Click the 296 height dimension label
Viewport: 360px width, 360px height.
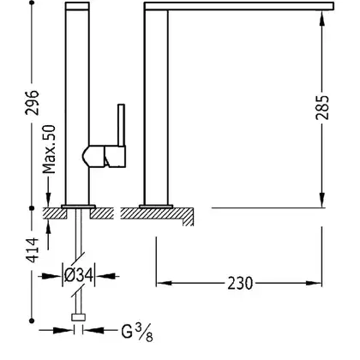[x=32, y=103]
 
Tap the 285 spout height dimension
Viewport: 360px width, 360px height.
[x=322, y=107]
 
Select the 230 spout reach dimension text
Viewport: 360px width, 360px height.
[x=240, y=284]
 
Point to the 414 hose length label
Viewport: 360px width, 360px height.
[x=32, y=249]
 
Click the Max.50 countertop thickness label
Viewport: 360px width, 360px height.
[x=49, y=149]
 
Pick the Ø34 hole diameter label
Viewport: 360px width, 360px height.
[x=79, y=276]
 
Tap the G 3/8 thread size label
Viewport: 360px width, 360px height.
[x=137, y=333]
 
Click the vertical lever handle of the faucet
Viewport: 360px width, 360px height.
[x=121, y=125]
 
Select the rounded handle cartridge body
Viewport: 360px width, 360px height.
[x=104, y=156]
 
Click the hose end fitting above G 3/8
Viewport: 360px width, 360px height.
[x=78, y=317]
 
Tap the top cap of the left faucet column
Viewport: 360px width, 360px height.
[x=77, y=6]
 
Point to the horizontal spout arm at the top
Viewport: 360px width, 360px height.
[x=239, y=6]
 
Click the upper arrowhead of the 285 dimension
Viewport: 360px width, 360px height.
[x=322, y=20]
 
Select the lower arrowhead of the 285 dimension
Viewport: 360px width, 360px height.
[x=322, y=199]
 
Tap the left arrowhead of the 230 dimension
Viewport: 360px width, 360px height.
[x=165, y=284]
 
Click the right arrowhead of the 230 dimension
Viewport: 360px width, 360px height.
[x=314, y=284]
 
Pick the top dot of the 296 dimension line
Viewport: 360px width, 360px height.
[x=32, y=3]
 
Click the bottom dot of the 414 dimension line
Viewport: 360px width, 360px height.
[x=32, y=321]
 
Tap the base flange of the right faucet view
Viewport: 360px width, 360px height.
[x=156, y=207]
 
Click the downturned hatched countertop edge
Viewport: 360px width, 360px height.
[x=188, y=217]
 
